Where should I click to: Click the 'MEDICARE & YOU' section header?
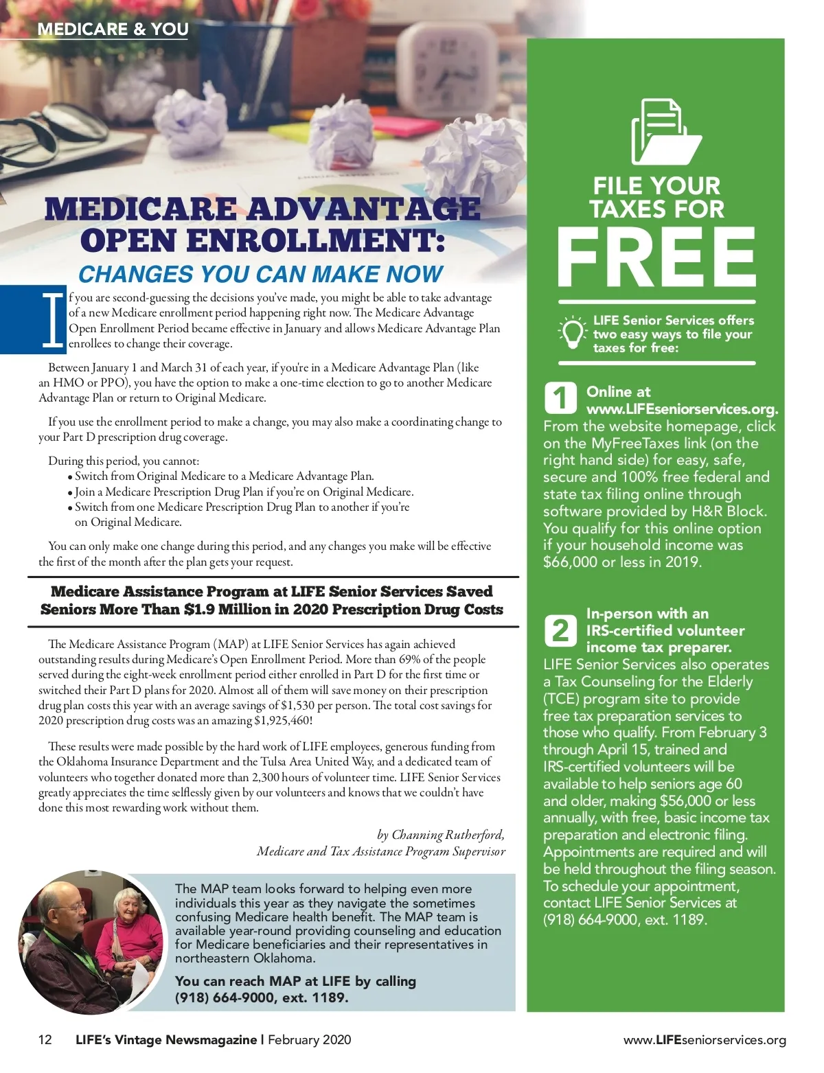click(113, 29)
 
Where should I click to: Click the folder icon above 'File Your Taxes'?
click(665, 132)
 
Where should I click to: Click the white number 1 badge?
click(560, 397)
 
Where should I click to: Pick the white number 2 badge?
click(560, 630)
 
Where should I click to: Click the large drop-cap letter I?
click(52, 320)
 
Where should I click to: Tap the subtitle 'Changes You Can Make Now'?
click(261, 274)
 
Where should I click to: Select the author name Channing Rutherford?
click(448, 835)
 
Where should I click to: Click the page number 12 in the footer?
click(45, 1039)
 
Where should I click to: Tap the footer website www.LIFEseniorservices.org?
click(705, 1040)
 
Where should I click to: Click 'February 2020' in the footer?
click(309, 1039)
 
